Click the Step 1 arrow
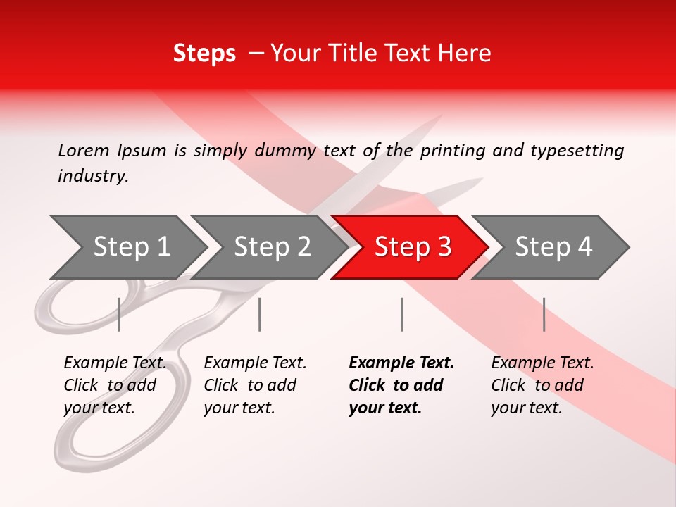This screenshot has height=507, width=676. click(131, 247)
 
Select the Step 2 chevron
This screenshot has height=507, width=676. click(272, 247)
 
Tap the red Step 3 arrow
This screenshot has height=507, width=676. click(413, 247)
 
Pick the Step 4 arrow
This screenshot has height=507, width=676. click(553, 247)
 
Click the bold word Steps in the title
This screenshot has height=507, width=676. click(204, 53)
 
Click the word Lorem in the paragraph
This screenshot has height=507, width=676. click(84, 150)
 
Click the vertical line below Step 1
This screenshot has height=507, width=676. click(119, 314)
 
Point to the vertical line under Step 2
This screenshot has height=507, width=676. click(260, 314)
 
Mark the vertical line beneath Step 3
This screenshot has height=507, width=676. click(401, 314)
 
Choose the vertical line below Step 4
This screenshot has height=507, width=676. click(544, 314)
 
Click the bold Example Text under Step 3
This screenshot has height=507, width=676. click(401, 363)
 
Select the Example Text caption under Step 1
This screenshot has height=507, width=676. click(115, 363)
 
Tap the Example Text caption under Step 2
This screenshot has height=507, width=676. click(255, 363)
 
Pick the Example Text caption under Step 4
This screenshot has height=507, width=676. click(542, 363)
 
